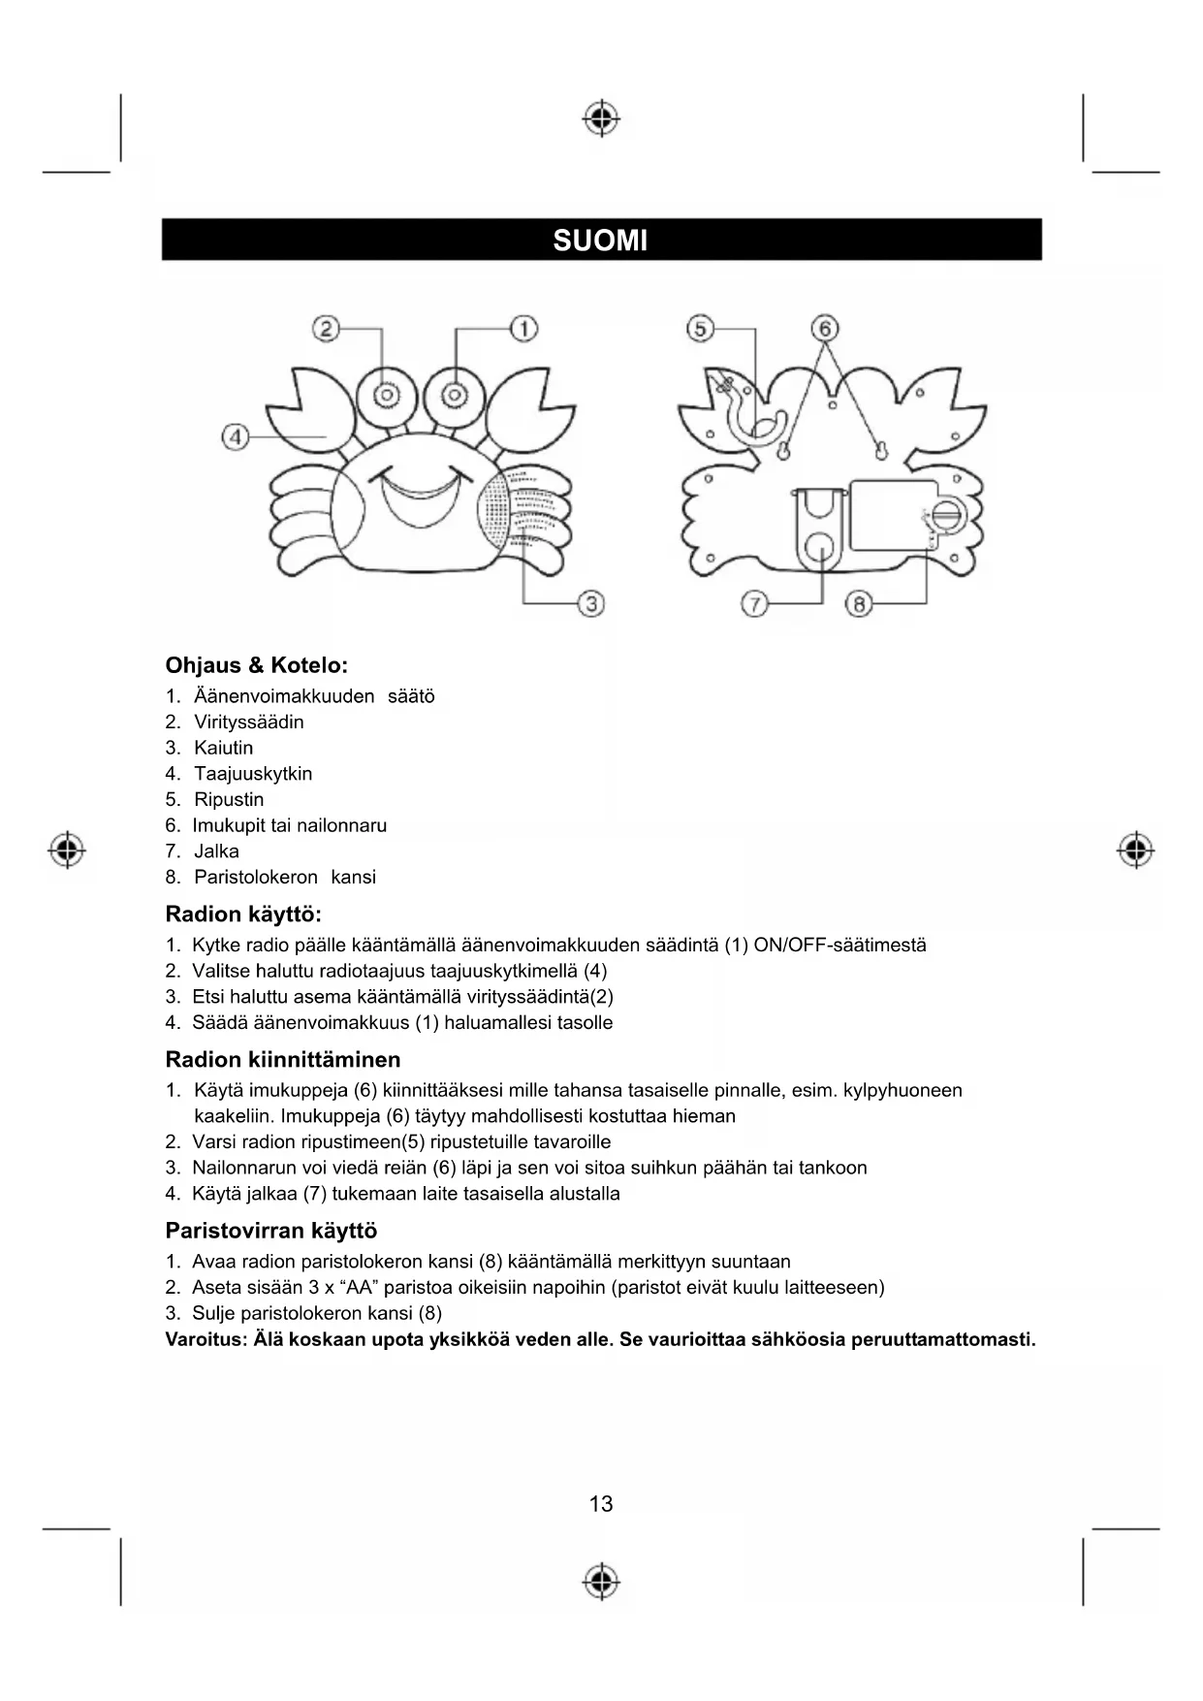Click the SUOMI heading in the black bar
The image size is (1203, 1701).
point(600,241)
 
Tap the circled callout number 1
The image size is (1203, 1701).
point(523,329)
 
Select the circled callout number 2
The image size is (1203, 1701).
point(326,329)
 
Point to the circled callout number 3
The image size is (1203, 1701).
point(591,603)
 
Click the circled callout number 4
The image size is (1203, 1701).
point(236,436)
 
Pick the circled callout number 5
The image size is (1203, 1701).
point(700,329)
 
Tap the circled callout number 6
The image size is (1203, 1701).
point(825,329)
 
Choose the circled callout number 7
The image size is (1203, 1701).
point(754,604)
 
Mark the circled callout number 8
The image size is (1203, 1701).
point(859,604)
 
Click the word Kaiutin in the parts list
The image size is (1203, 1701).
point(223,748)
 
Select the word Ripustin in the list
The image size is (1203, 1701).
point(229,799)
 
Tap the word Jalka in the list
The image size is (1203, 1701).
point(216,850)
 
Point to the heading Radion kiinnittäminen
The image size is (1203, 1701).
point(282,1059)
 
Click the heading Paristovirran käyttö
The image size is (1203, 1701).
point(270,1231)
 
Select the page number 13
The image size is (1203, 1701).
point(601,1504)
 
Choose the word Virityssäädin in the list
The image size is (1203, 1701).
point(248,722)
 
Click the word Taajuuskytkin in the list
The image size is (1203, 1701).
point(253,774)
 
